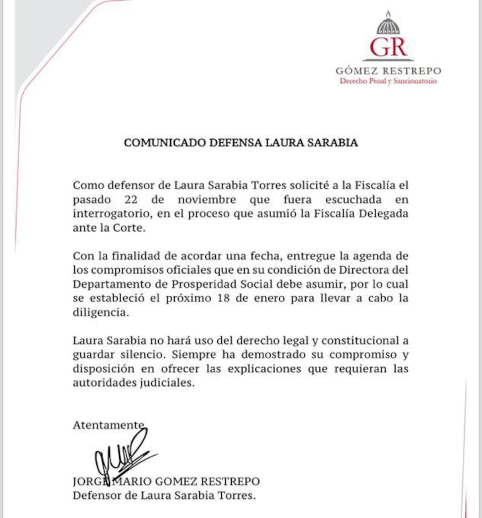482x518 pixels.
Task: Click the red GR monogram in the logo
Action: [388, 47]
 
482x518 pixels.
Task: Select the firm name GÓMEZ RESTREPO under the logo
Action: [388, 71]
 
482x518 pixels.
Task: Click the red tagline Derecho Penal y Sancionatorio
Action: [388, 81]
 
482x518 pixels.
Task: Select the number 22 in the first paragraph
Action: [131, 200]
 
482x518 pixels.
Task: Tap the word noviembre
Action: [207, 200]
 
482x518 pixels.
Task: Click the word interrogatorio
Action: [112, 214]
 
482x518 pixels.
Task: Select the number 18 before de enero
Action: [223, 298]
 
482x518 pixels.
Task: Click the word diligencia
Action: [100, 313]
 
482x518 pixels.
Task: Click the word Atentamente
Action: [108, 425]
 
